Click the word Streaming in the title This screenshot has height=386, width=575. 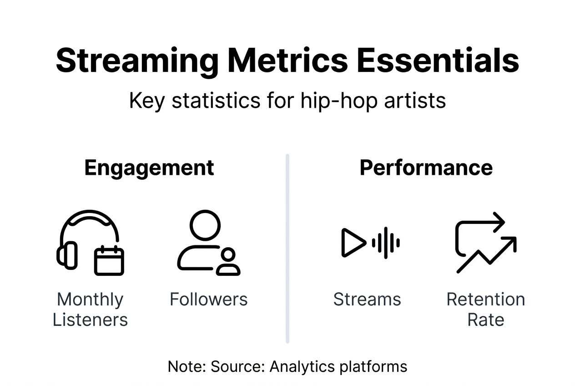tap(137, 61)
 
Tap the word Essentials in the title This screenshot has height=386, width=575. tap(438, 60)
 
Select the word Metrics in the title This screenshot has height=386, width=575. tap(287, 60)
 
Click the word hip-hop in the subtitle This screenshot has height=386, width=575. tap(339, 101)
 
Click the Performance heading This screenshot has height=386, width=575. tap(426, 168)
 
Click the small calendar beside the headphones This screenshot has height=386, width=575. tap(109, 260)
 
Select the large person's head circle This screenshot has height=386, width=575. tap(205, 225)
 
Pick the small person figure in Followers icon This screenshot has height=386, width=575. tap(228, 262)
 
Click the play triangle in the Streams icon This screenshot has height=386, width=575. tap(354, 243)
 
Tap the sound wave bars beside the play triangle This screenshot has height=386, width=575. tap(386, 243)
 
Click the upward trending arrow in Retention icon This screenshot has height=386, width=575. tap(486, 255)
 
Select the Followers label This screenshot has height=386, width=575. tap(209, 299)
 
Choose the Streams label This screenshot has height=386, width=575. tap(367, 299)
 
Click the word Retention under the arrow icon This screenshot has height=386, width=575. tap(486, 299)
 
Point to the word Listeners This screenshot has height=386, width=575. tap(90, 320)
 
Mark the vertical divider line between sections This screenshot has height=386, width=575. tap(287, 249)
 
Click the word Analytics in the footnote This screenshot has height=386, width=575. tap(302, 366)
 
